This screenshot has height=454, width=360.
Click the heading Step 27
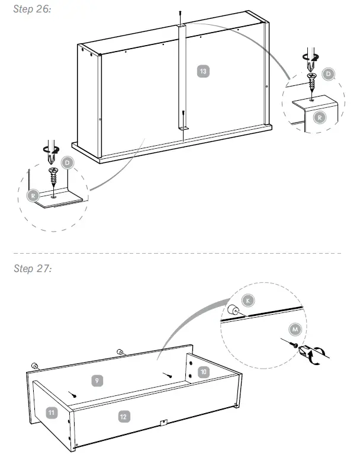point(32,268)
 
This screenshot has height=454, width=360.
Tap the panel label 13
point(203,71)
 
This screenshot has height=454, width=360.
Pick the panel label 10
point(202,372)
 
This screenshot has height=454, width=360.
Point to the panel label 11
point(52,411)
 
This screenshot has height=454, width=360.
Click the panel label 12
point(123,417)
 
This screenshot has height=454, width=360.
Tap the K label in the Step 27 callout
point(249,300)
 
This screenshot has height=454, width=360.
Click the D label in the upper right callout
point(329,74)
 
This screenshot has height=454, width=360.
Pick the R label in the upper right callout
point(319,117)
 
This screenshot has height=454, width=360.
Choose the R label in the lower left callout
point(34,194)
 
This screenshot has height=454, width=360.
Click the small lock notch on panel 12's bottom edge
point(163,423)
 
